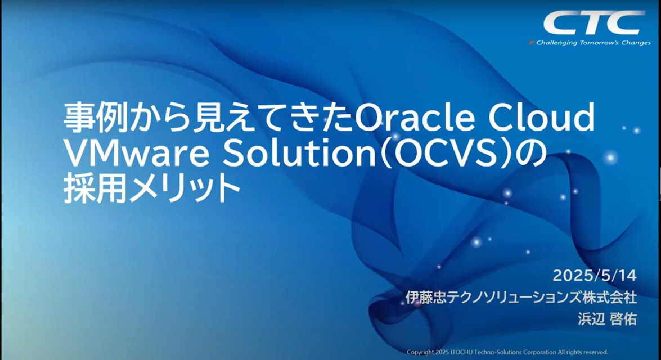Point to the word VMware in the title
pyautogui.click(x=137, y=154)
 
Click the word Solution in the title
pyautogui.click(x=299, y=154)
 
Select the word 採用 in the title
pyautogui.click(x=95, y=189)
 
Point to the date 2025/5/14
pyautogui.click(x=595, y=276)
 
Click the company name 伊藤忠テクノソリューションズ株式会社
pyautogui.click(x=521, y=297)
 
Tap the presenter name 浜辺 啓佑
pyautogui.click(x=607, y=319)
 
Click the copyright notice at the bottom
pyautogui.click(x=507, y=352)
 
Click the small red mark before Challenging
pyautogui.click(x=532, y=43)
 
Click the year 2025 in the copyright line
pyautogui.click(x=442, y=352)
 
